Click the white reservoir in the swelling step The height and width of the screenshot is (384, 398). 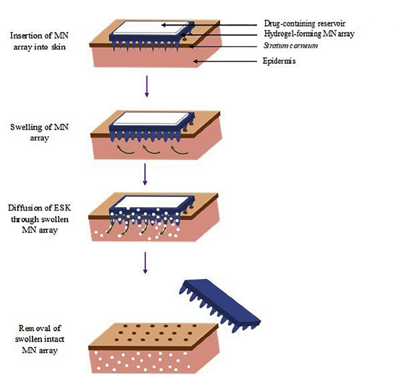pos(153,121)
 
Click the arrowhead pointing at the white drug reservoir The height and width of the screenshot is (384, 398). pos(163,25)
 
